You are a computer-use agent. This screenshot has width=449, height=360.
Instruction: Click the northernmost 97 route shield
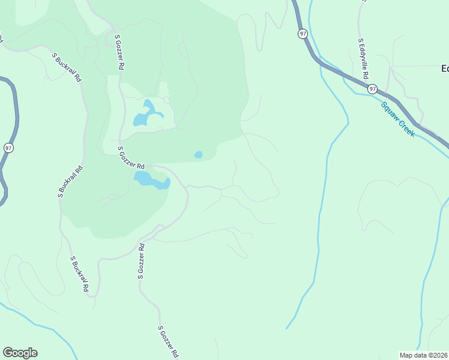[302, 34]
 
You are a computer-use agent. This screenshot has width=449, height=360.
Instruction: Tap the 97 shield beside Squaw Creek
[373, 89]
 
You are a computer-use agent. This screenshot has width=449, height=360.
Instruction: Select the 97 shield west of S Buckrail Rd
[8, 147]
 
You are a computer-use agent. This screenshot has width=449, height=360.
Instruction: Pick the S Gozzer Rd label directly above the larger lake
[131, 158]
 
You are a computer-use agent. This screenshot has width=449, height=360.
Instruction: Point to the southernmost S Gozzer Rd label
[169, 342]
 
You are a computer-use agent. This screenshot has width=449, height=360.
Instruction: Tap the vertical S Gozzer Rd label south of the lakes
[141, 262]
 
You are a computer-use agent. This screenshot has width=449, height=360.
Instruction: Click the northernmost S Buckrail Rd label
[67, 68]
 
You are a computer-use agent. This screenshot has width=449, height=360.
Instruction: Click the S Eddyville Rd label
[362, 59]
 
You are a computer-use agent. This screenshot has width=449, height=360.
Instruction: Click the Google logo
[20, 353]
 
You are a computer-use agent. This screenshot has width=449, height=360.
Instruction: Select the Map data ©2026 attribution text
[423, 355]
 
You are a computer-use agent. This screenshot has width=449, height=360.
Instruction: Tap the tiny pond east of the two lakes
[198, 155]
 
